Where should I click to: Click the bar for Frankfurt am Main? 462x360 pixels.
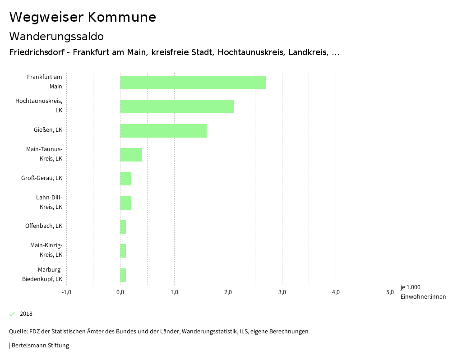(x=193, y=83)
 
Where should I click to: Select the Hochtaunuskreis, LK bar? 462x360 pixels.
(x=177, y=106)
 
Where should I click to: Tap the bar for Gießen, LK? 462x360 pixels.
(x=163, y=131)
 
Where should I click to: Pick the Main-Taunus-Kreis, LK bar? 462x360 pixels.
(x=131, y=155)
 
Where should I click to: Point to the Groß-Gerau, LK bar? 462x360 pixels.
(x=126, y=179)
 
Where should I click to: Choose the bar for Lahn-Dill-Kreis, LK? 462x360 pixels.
(x=126, y=203)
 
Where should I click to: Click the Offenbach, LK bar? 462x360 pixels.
(x=123, y=227)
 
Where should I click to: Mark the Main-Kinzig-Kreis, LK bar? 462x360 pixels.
(x=123, y=251)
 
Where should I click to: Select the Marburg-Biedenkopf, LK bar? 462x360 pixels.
(x=123, y=275)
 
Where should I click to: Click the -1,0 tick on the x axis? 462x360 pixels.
(x=66, y=292)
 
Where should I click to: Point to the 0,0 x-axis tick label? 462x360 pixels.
(x=120, y=292)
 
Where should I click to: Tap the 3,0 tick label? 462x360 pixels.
(x=282, y=292)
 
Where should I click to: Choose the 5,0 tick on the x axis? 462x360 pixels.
(x=390, y=292)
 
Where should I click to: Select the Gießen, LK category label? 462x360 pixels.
(x=48, y=130)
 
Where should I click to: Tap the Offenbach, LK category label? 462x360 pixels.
(x=44, y=226)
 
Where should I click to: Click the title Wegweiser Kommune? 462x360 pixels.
(x=83, y=17)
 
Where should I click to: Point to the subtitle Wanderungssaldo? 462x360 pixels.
(x=56, y=36)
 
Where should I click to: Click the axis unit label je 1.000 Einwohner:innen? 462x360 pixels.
(x=423, y=292)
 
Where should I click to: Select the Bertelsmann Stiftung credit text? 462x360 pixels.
(x=40, y=346)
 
